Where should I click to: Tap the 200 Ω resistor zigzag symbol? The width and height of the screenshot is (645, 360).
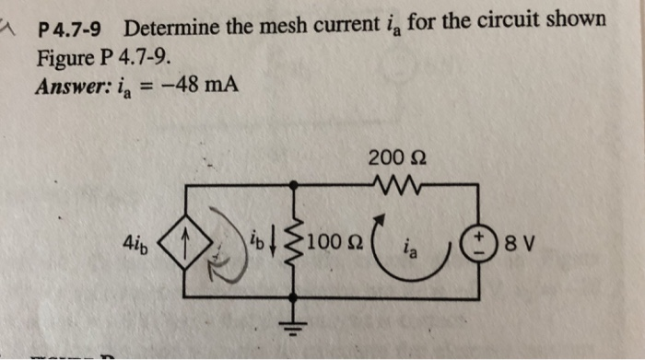click(396, 185)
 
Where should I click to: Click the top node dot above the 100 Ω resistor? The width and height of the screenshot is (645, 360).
click(294, 185)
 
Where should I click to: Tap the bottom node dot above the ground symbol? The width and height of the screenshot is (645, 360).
click(294, 297)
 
